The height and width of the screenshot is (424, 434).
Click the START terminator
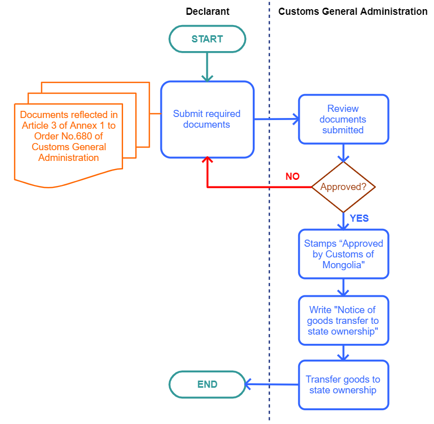[x=207, y=39]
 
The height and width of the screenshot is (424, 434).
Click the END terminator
[x=207, y=384]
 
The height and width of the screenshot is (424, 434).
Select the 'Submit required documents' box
[x=207, y=119]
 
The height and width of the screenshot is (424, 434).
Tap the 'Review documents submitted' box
[x=343, y=119]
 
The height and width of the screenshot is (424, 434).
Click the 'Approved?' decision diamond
[x=343, y=187]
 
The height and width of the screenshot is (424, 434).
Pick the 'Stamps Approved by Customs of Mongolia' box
[x=343, y=254]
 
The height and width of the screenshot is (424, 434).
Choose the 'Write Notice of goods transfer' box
[x=343, y=320]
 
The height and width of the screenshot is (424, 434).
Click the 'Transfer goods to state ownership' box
[x=343, y=385]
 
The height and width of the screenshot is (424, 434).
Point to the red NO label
[x=293, y=176]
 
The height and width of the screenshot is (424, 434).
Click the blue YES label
[x=359, y=218]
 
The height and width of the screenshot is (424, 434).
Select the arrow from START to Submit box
[x=207, y=66]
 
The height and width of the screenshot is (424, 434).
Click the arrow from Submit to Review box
[x=276, y=119]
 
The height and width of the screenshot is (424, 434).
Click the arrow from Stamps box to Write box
[x=343, y=287]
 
